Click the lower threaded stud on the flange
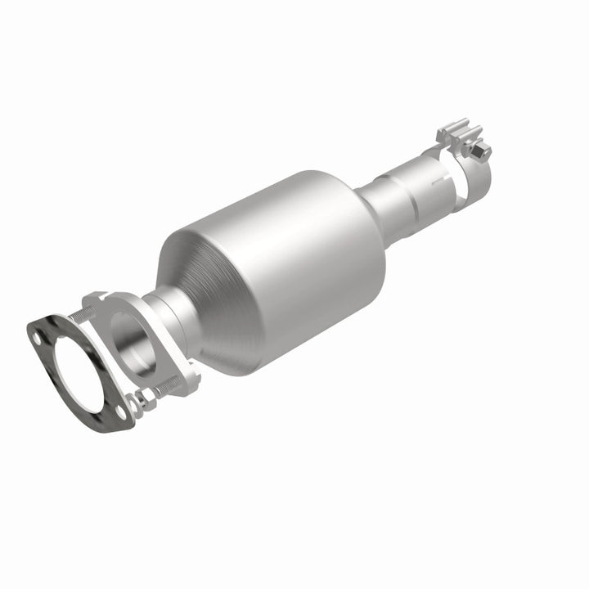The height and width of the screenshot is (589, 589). (x=169, y=384)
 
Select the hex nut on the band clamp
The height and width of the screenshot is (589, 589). (x=482, y=150)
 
